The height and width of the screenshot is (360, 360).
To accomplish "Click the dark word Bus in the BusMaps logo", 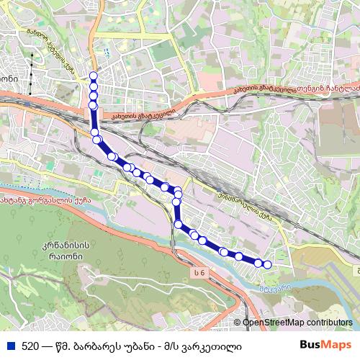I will point(311,345).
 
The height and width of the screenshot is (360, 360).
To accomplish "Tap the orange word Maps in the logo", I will point(338,345).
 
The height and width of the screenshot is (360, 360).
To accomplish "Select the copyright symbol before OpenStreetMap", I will point(237,323).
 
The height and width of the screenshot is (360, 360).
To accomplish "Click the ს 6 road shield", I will point(199,271).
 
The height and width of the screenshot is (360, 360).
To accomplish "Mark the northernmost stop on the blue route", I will point(93,76).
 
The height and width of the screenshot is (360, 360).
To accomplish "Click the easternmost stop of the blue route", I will point(268,265).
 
